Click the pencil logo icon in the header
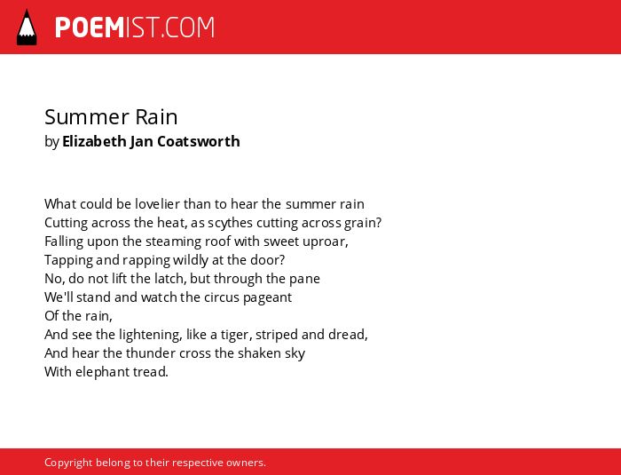[27, 28]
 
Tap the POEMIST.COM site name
[135, 28]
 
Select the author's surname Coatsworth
[199, 141]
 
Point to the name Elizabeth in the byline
[94, 141]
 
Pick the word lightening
[151, 335]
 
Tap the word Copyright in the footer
[68, 463]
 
